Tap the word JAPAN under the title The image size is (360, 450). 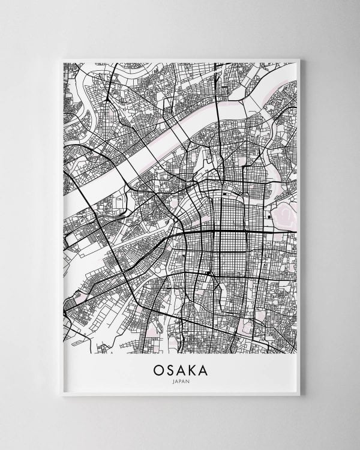(x=181, y=382)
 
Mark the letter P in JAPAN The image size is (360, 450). (x=180, y=382)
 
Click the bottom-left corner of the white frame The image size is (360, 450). (x=55, y=397)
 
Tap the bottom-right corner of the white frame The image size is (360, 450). (x=305, y=397)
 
